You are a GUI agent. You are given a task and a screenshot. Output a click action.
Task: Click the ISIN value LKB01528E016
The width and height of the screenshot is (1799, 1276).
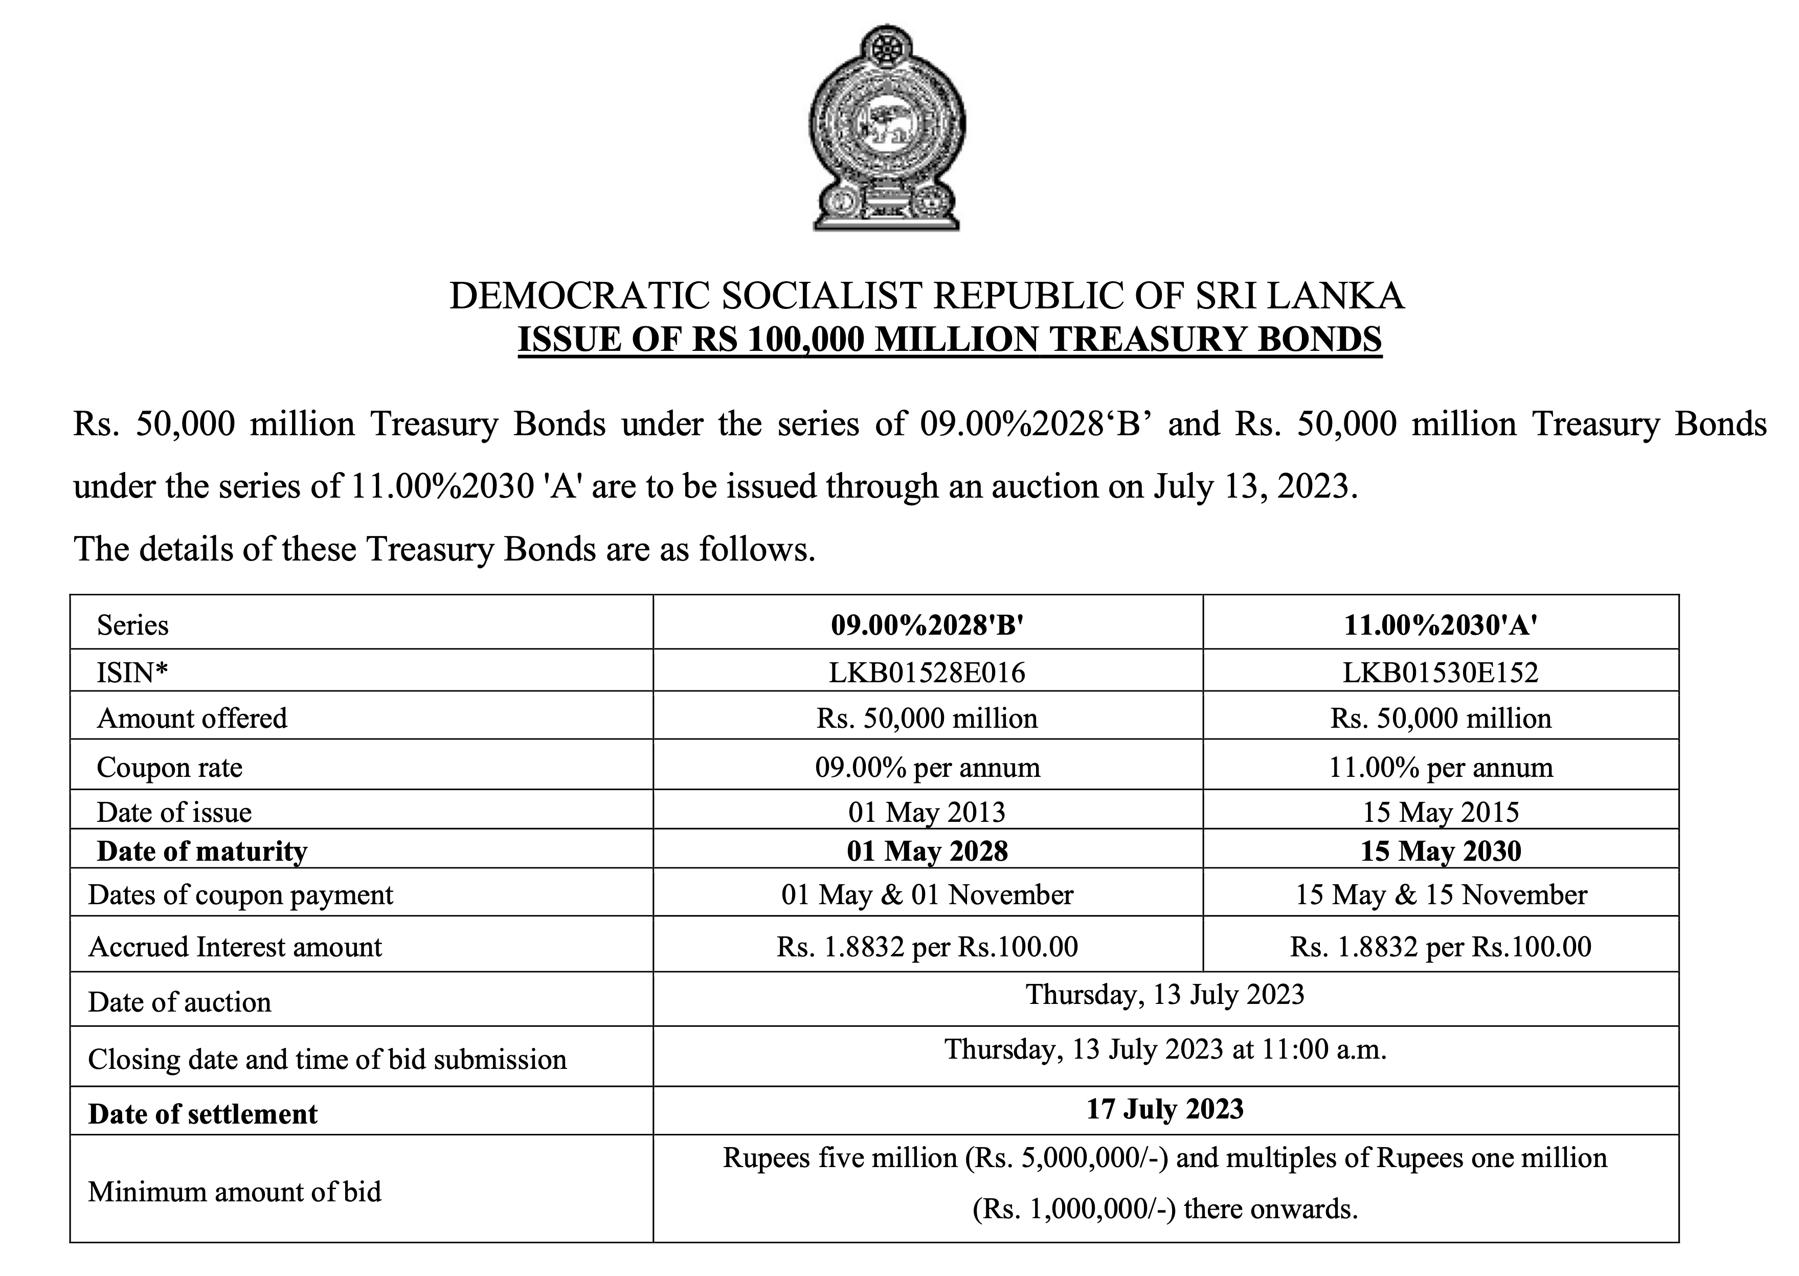(927, 673)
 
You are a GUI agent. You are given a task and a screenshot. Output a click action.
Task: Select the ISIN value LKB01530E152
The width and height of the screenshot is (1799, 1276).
(1440, 673)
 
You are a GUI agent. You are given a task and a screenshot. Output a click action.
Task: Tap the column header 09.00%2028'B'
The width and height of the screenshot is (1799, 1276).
(927, 625)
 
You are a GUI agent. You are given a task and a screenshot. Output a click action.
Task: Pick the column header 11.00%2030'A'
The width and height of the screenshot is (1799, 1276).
(1440, 625)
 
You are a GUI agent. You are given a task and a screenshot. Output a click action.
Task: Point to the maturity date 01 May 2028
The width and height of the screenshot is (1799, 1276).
(927, 852)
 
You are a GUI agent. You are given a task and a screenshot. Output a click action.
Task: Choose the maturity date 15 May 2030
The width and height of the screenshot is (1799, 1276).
(1440, 852)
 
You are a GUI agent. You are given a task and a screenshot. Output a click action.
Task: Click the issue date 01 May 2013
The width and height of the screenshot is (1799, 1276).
(927, 812)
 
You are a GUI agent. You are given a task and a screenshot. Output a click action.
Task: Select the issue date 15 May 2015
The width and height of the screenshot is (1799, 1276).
(1440, 812)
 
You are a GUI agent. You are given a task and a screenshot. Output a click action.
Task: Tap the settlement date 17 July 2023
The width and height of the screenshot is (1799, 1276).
(1165, 1109)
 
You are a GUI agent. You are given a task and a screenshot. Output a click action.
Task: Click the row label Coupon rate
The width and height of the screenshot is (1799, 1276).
(169, 768)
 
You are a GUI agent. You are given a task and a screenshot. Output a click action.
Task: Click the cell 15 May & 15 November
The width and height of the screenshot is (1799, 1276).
(1440, 896)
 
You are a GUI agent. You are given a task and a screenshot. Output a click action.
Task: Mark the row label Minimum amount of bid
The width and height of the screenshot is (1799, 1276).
(234, 1193)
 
